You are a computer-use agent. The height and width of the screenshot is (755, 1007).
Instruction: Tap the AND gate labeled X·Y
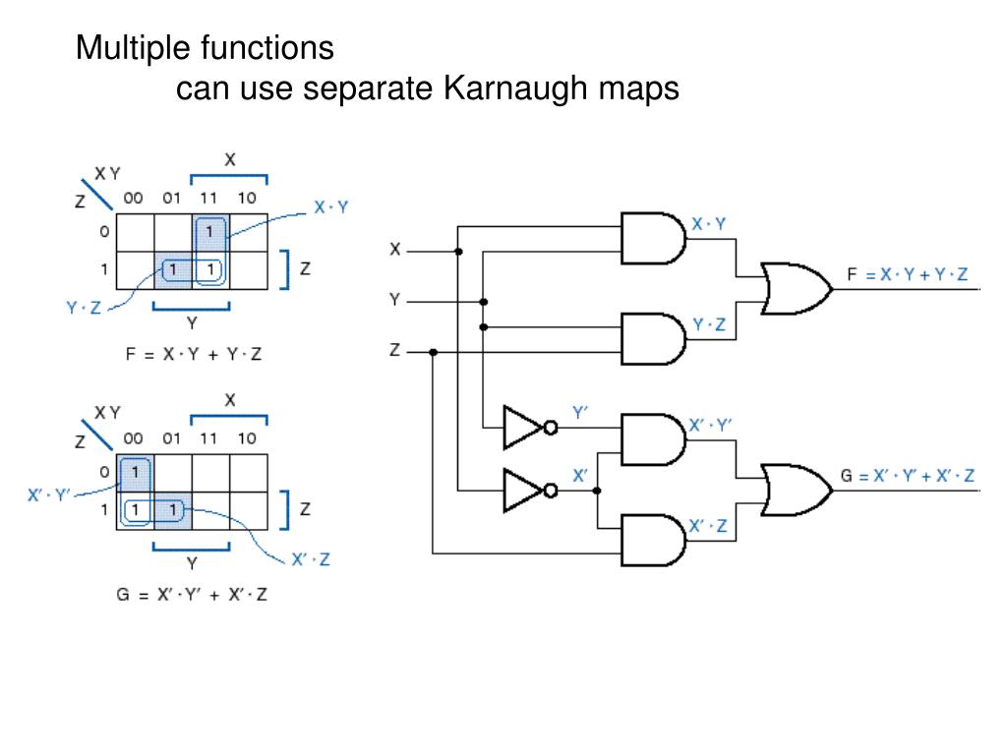(653, 238)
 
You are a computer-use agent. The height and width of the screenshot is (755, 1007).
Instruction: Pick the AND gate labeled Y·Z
(653, 339)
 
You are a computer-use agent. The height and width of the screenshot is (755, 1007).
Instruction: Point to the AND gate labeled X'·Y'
(653, 439)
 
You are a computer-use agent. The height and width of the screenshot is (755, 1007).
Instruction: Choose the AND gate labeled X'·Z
(653, 540)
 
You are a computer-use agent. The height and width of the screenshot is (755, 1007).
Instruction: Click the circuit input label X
(395, 249)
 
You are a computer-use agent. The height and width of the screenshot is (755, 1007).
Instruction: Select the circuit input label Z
(395, 350)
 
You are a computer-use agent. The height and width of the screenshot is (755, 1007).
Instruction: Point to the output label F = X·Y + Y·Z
(907, 275)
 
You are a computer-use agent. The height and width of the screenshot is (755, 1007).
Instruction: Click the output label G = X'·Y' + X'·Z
(908, 476)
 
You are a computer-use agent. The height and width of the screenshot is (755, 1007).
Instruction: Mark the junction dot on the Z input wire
(434, 353)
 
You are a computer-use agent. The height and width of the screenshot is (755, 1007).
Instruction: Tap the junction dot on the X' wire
(597, 491)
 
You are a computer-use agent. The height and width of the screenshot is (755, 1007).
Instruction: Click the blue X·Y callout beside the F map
(330, 207)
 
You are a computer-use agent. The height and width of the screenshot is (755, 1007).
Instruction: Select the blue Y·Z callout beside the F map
(84, 308)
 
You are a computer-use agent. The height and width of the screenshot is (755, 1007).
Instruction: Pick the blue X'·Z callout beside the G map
(311, 559)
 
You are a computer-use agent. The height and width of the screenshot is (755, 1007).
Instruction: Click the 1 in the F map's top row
(209, 231)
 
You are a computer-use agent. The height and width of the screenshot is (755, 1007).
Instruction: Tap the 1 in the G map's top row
(135, 472)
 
